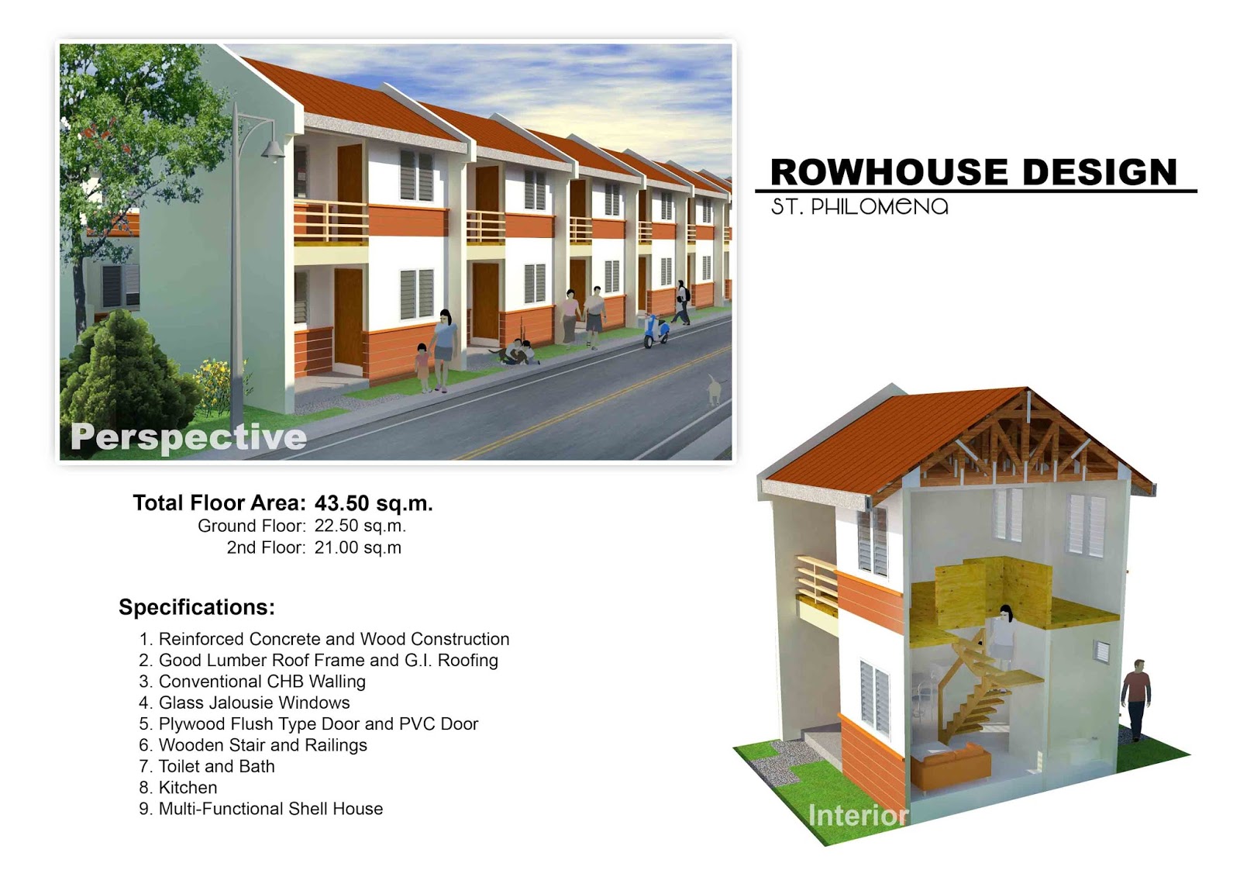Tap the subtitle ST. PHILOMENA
tap(859, 206)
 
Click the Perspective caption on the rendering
tap(188, 437)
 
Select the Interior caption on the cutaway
tap(858, 815)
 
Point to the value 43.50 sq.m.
tap(374, 503)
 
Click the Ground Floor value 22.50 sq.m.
tap(360, 526)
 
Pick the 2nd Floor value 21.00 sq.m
tap(358, 547)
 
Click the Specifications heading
tap(197, 607)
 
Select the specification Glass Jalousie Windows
tap(254, 703)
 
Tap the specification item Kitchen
tap(188, 787)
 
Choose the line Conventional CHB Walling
tap(263, 682)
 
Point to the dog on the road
tap(715, 390)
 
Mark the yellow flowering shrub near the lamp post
tap(213, 386)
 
